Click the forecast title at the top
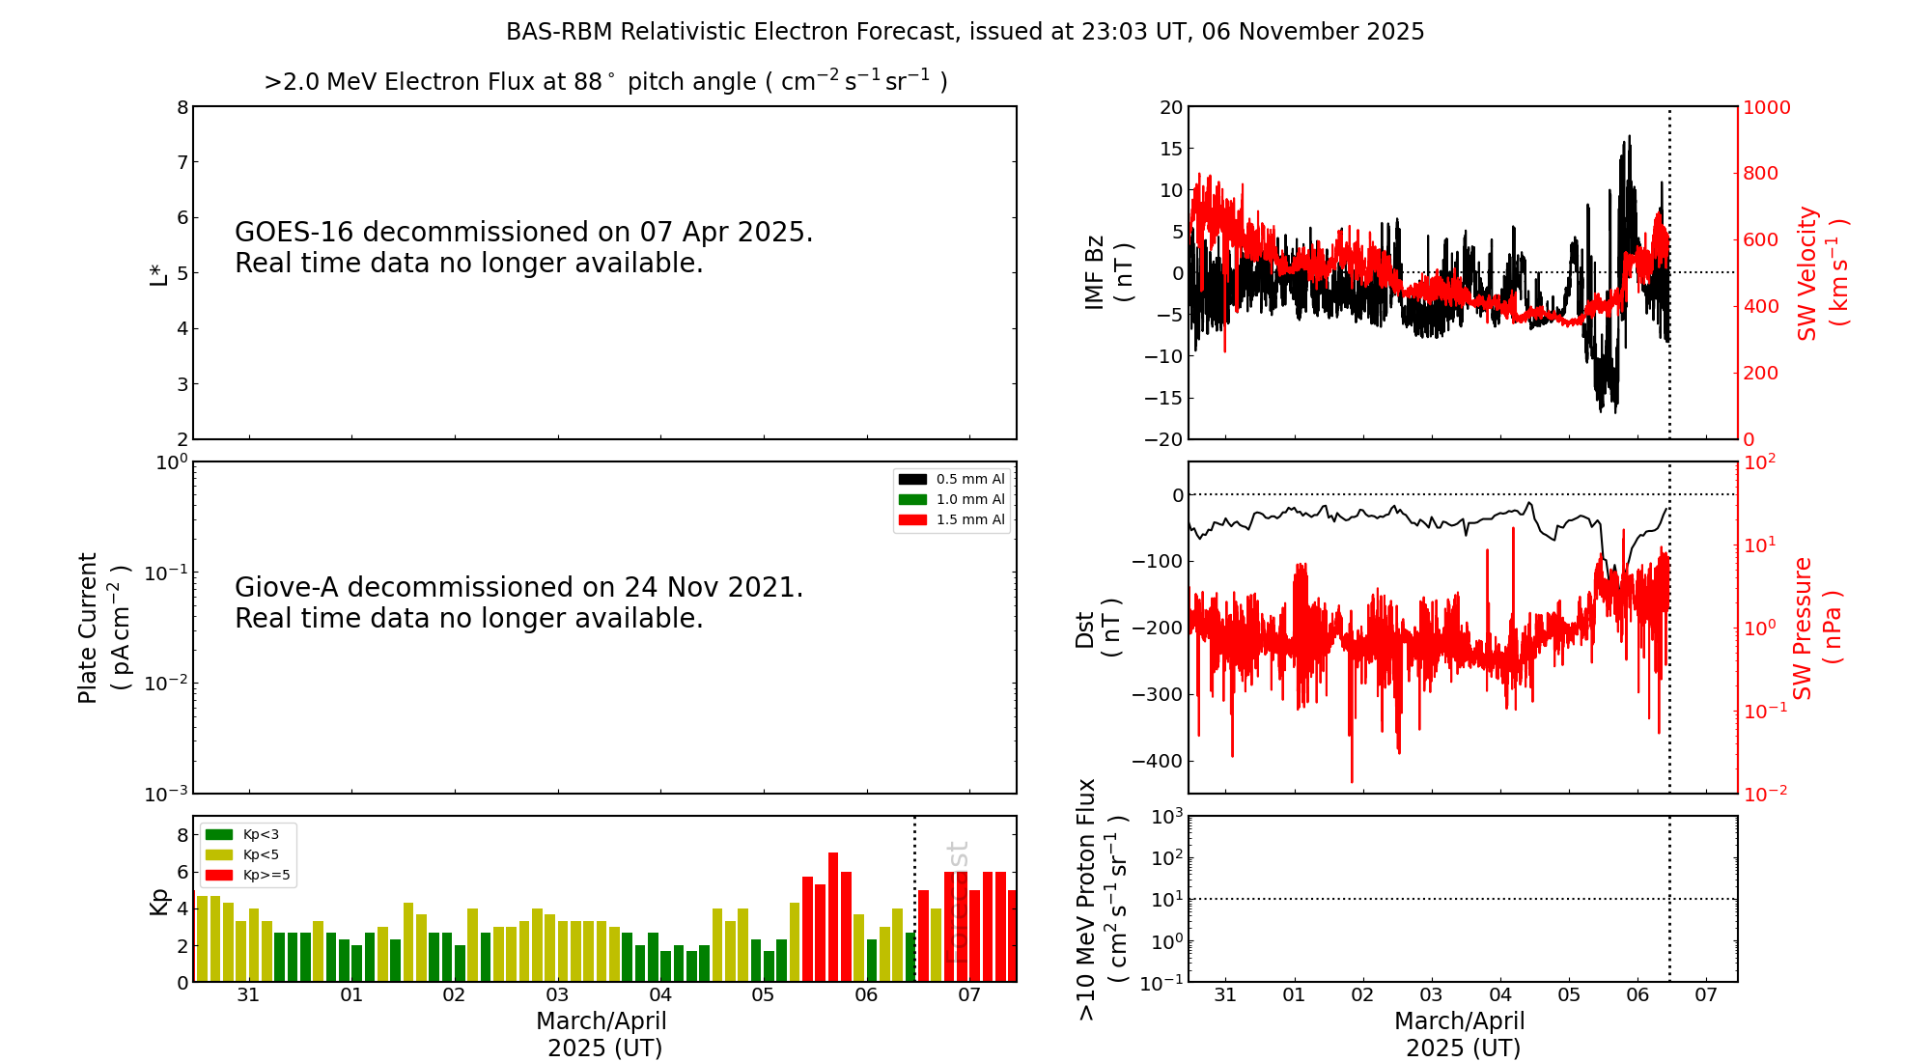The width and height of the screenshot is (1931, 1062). click(x=965, y=32)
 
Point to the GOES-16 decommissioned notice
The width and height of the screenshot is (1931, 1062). click(x=523, y=247)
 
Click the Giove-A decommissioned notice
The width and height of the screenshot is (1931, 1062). click(x=518, y=602)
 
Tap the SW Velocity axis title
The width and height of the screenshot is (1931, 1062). click(x=1821, y=273)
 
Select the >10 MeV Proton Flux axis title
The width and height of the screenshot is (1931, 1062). click(x=1102, y=899)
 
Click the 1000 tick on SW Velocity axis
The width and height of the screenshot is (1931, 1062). click(x=1766, y=107)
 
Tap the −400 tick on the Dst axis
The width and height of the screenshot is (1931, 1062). click(x=1163, y=761)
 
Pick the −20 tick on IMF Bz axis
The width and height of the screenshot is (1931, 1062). click(x=1163, y=439)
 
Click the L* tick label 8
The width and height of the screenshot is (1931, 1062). click(x=182, y=107)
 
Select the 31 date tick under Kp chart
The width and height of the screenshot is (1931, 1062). click(x=248, y=995)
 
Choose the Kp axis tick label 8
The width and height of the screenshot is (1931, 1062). click(x=182, y=835)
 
